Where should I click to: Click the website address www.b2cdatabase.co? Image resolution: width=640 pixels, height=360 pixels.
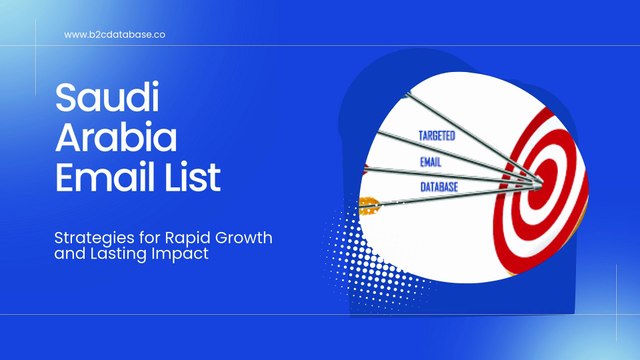pos(115,34)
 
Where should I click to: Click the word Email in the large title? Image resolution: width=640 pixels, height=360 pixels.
pos(102,181)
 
